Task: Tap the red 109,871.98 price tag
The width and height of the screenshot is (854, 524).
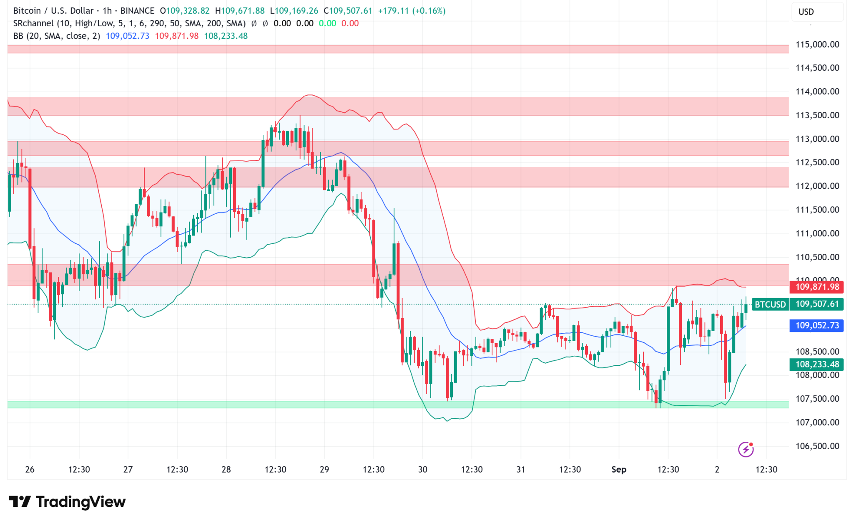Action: pyautogui.click(x=816, y=287)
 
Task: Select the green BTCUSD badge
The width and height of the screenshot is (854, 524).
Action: pyautogui.click(x=770, y=304)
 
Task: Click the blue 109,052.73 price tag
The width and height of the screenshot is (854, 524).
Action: pyautogui.click(x=816, y=326)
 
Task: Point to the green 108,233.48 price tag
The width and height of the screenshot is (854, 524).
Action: pyautogui.click(x=816, y=365)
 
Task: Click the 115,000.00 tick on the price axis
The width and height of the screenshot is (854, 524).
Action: pyautogui.click(x=817, y=45)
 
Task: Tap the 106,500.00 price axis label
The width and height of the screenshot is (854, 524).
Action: pyautogui.click(x=817, y=446)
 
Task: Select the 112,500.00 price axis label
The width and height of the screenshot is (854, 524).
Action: pyautogui.click(x=817, y=162)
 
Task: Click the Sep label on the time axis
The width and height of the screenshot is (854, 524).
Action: pyautogui.click(x=619, y=470)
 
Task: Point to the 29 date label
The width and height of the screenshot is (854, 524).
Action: pyautogui.click(x=324, y=470)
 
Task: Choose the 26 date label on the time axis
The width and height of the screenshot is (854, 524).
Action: pyautogui.click(x=30, y=470)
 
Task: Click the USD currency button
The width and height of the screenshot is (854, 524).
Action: pyautogui.click(x=806, y=12)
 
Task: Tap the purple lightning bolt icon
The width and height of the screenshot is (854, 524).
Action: pyautogui.click(x=746, y=449)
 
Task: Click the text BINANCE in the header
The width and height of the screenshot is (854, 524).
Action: pyautogui.click(x=137, y=11)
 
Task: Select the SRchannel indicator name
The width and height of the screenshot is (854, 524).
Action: pyautogui.click(x=33, y=23)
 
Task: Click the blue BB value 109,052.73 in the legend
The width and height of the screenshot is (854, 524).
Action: pyautogui.click(x=127, y=36)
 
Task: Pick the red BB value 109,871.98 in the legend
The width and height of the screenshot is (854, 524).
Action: pyautogui.click(x=177, y=36)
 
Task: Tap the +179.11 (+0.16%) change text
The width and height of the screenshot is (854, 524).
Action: pyautogui.click(x=412, y=11)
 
